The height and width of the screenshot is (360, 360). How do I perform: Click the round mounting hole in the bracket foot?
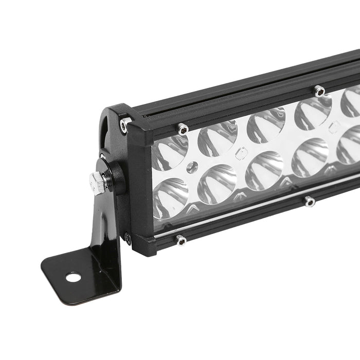pyautogui.click(x=73, y=277)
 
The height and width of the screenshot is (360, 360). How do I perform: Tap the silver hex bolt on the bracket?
pyautogui.click(x=98, y=182)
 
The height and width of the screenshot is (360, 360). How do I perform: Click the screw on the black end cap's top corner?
pyautogui.click(x=124, y=123)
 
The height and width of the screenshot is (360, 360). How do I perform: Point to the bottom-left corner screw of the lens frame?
pyautogui.click(x=180, y=240)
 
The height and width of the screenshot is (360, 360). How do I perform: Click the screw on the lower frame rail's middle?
pyautogui.click(x=309, y=202)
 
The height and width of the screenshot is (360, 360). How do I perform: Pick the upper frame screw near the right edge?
pyautogui.click(x=319, y=91)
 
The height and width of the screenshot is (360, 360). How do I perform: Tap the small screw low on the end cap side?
pyautogui.click(x=127, y=238)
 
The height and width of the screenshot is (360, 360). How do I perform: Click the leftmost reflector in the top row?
pyautogui.click(x=169, y=152)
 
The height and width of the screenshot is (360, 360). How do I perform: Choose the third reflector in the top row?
pyautogui.click(x=265, y=125)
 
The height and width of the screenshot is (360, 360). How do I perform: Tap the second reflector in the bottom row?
pyautogui.click(x=217, y=184)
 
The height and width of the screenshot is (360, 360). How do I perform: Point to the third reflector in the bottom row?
pyautogui.click(x=264, y=171)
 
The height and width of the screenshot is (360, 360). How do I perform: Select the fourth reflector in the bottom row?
pyautogui.click(x=310, y=157)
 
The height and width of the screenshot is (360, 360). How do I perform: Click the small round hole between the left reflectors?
pyautogui.click(x=192, y=167)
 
